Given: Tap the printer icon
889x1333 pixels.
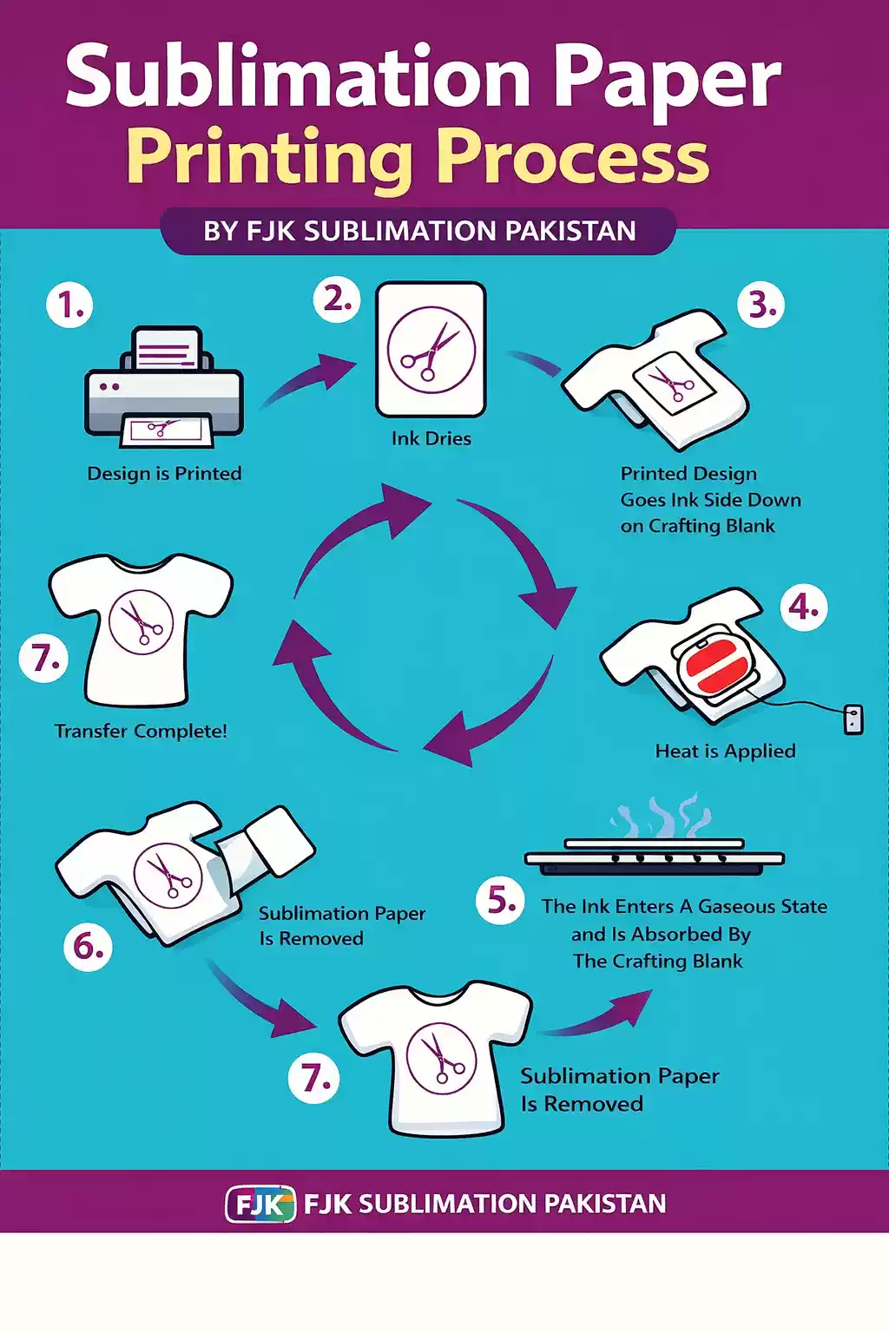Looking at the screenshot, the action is (164, 387).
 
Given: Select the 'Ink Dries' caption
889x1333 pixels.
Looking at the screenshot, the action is (431, 438).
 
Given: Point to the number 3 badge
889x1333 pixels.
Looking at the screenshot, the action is (761, 305).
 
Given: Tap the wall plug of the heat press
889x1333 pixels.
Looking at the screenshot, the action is (853, 719).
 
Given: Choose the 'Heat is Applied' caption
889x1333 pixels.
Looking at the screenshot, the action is (725, 751).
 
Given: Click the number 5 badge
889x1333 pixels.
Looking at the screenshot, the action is (500, 901).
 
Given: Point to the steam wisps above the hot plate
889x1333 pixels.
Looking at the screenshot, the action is (660, 815).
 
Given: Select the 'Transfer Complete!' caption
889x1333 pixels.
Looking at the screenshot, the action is (142, 731).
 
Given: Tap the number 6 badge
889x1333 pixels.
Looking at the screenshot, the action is (89, 948).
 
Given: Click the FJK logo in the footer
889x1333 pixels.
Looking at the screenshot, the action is (260, 1204).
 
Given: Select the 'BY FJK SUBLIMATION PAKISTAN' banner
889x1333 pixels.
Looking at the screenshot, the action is (418, 232).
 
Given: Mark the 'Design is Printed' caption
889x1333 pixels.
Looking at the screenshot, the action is (164, 474).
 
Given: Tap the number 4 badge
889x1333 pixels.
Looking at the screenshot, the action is (804, 607).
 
